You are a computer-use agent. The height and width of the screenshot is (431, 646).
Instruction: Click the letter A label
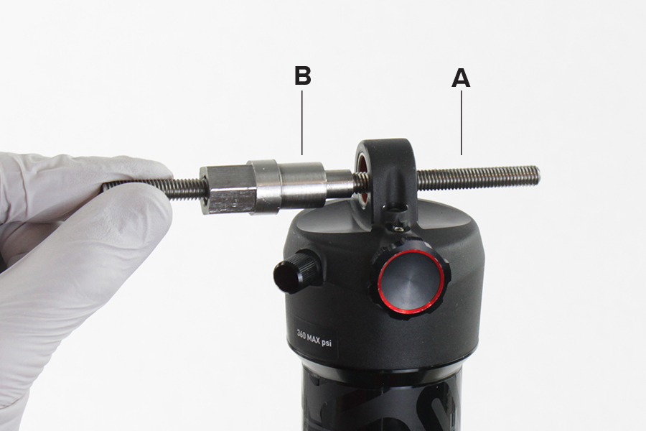(461, 78)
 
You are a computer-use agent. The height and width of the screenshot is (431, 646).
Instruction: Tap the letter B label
(303, 76)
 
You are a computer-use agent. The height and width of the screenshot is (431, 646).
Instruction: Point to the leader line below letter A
(461, 123)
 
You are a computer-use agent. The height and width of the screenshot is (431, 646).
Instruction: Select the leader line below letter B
(302, 123)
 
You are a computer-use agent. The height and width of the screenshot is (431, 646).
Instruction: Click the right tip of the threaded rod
(539, 174)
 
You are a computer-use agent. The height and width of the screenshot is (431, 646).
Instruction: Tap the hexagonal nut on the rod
(226, 189)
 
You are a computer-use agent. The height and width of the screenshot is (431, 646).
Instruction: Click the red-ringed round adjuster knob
(411, 282)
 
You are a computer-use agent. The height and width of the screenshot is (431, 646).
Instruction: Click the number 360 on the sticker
(304, 335)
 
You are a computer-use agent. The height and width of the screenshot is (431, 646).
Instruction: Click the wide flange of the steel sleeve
(263, 187)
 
